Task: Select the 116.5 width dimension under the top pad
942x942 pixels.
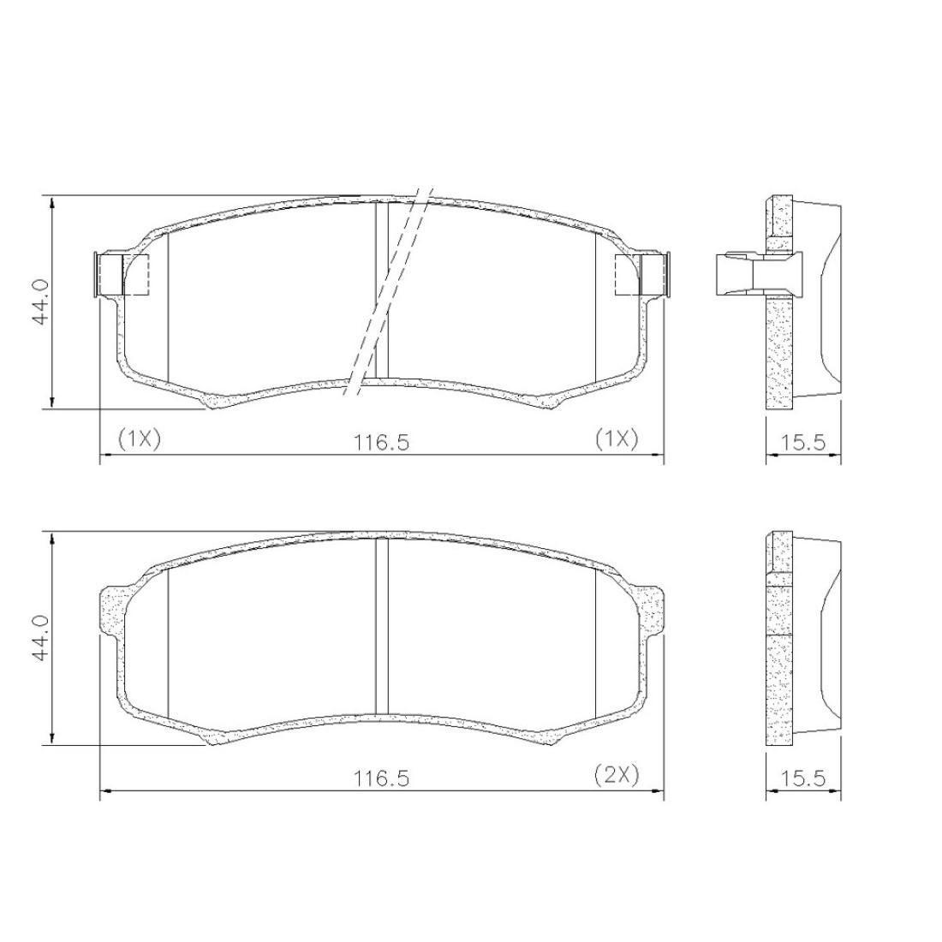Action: [x=381, y=444]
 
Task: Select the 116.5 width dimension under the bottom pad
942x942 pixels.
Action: [x=381, y=779]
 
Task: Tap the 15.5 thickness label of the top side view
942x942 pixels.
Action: [x=803, y=444]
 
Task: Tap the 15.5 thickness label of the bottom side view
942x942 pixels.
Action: [x=803, y=779]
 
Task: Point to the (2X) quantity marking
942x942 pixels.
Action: [x=617, y=774]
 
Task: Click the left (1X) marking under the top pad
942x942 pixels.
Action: [x=140, y=439]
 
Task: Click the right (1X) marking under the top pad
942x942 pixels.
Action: [x=617, y=439]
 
